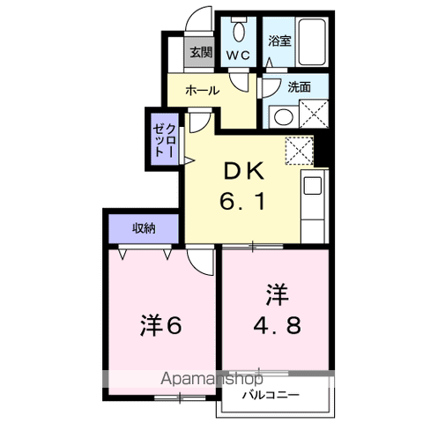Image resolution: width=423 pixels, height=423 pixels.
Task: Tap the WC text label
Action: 239,55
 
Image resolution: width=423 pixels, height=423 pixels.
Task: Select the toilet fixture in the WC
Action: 238,31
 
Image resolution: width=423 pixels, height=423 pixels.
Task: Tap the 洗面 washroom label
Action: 300,87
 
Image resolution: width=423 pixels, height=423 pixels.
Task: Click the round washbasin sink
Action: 283,115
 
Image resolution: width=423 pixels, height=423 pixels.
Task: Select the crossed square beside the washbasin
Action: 313,115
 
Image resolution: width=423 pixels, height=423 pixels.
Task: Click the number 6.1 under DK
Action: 238,201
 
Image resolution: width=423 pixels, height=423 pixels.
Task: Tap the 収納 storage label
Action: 144,228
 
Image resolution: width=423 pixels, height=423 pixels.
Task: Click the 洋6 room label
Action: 160,325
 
